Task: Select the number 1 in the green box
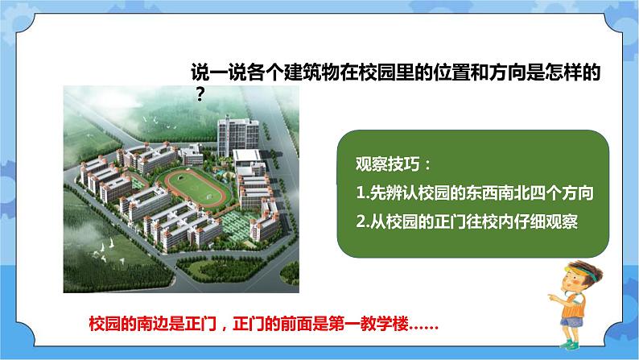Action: [x=359, y=194]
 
